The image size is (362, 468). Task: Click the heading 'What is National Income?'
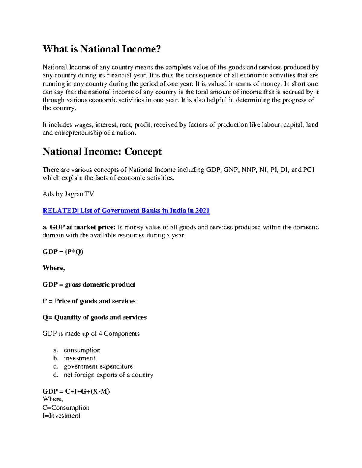(x=102, y=49)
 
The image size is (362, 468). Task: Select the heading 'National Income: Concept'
(x=102, y=151)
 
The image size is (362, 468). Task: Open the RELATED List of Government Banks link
(x=126, y=211)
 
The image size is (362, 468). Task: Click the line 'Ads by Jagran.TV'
(x=68, y=194)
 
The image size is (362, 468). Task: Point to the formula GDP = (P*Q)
(x=63, y=252)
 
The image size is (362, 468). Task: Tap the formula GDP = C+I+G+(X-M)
(x=76, y=391)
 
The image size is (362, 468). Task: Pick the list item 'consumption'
(x=82, y=350)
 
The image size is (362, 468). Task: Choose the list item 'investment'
(x=79, y=358)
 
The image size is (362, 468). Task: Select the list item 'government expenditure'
(x=98, y=366)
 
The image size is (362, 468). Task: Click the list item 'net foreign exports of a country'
(x=108, y=375)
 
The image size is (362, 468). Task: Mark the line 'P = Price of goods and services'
(x=89, y=301)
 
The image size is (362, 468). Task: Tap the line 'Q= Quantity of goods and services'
(x=94, y=317)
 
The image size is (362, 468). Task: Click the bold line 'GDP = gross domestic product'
(x=89, y=284)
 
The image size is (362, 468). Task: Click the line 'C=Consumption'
(x=66, y=408)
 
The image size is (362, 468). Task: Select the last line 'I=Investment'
(x=62, y=416)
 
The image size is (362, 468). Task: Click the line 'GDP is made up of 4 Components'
(x=91, y=334)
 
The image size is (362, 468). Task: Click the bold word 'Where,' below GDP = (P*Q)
(x=54, y=268)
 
